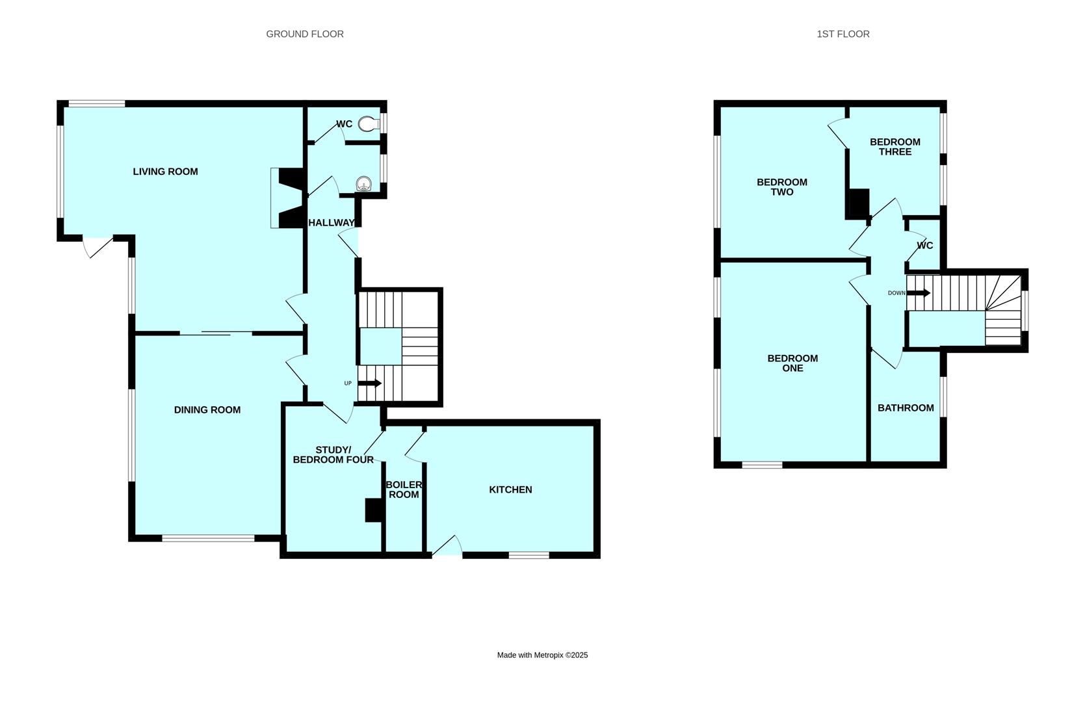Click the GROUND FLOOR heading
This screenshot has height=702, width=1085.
click(x=304, y=34)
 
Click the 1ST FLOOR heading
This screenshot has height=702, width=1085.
click(x=843, y=34)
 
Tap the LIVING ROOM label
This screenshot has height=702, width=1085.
click(x=165, y=172)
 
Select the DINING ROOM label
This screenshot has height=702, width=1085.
click(x=207, y=409)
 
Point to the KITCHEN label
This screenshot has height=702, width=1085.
click(x=510, y=489)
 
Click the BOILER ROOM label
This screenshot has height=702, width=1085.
click(x=404, y=489)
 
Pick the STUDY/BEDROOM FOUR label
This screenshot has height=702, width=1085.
click(x=333, y=455)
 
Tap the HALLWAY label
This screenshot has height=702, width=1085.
click(x=332, y=223)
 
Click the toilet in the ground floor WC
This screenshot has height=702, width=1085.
click(x=369, y=123)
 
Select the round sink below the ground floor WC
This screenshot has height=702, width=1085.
click(x=364, y=184)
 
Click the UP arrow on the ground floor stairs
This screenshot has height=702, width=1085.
click(x=369, y=383)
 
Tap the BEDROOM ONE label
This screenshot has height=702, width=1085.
click(x=792, y=363)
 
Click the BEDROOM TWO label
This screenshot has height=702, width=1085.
click(x=781, y=187)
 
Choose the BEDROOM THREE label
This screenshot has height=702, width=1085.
click(x=895, y=147)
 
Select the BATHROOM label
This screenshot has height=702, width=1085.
click(x=906, y=408)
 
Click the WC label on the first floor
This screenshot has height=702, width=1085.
click(x=924, y=246)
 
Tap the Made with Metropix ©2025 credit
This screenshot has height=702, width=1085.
click(x=542, y=655)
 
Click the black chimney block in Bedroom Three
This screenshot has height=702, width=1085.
click(x=859, y=202)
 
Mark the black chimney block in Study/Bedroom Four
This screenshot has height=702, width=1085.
click(x=373, y=510)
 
